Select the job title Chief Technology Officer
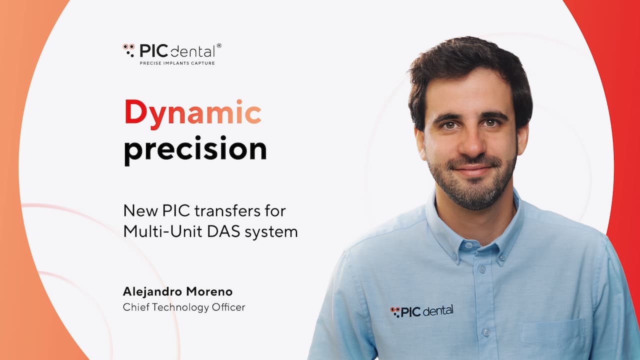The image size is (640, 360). (x=184, y=307)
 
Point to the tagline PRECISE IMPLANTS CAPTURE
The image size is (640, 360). (x=177, y=63)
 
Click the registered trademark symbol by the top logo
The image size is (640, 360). (x=219, y=45)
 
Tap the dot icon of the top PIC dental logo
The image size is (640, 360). (x=128, y=50)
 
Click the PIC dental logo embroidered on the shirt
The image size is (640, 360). (x=421, y=311)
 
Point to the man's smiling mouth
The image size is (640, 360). (x=473, y=169)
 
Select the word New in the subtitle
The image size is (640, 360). (x=140, y=211)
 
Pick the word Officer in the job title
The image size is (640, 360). (x=228, y=307)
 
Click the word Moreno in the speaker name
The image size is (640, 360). (x=209, y=292)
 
